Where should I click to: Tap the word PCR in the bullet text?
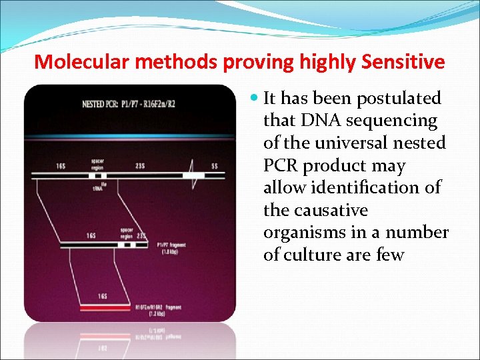(280, 166)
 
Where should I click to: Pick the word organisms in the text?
(305, 233)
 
